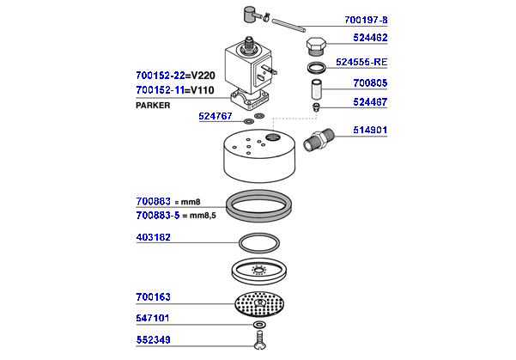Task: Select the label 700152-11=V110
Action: tap(176, 89)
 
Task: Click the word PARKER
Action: tap(154, 105)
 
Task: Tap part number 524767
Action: tap(215, 117)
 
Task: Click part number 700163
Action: tap(154, 297)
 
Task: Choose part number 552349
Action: tap(154, 339)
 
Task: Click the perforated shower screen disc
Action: tap(258, 305)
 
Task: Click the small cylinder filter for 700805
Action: tap(317, 88)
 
